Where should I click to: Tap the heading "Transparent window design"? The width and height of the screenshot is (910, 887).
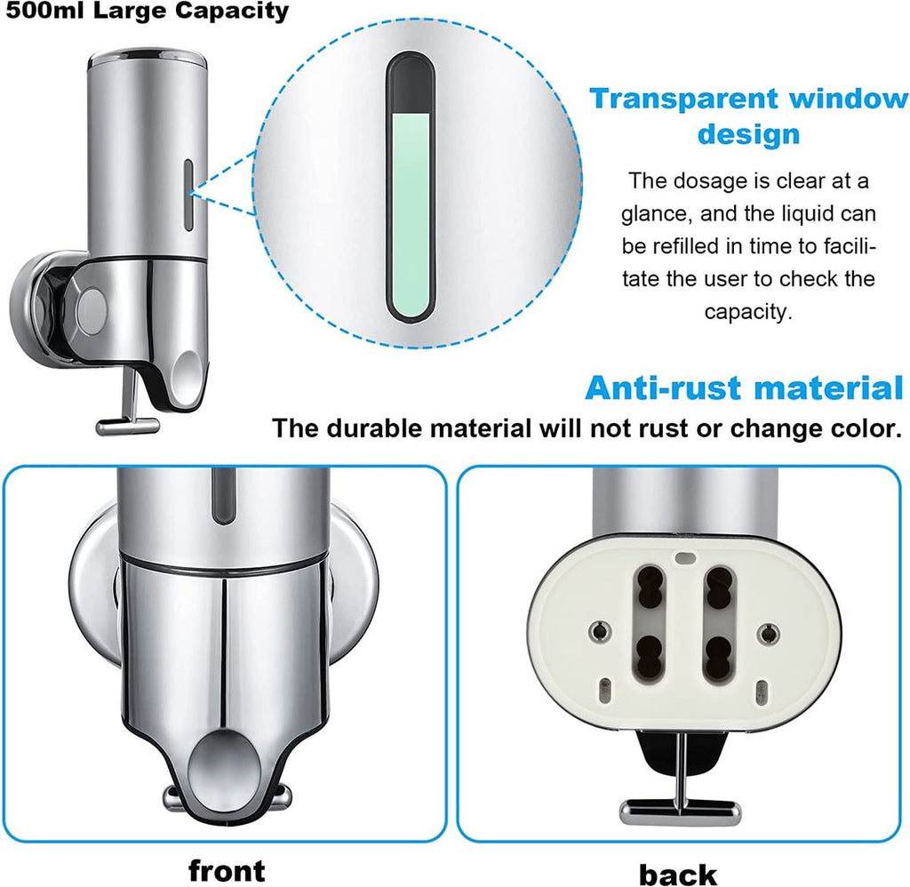click(748, 116)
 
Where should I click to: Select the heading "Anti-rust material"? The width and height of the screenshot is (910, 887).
click(745, 388)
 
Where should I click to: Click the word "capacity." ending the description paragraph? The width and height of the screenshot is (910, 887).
click(748, 312)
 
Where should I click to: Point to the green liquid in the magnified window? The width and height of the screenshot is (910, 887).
click(411, 212)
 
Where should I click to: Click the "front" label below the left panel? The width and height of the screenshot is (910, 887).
click(227, 870)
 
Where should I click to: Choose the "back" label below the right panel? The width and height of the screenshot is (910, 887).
click(677, 874)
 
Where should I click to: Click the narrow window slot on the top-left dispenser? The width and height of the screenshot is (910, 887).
click(188, 195)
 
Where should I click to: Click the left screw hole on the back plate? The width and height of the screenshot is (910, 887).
click(600, 630)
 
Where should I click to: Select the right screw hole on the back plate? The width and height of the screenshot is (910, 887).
click(769, 632)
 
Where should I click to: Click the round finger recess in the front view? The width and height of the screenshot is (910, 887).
click(223, 766)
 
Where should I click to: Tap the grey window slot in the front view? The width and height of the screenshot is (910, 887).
click(223, 496)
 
